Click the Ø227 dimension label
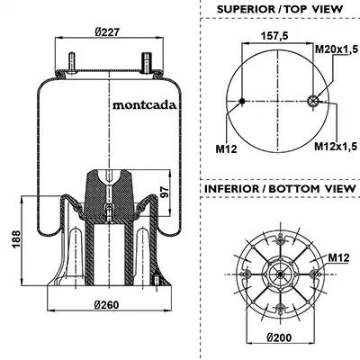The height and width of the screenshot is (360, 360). (x=107, y=32)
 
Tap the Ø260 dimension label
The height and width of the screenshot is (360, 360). (x=106, y=305)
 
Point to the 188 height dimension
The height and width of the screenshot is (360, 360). (x=16, y=238)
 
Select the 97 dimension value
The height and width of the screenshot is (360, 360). (x=165, y=192)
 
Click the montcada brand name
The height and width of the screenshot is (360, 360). (x=144, y=105)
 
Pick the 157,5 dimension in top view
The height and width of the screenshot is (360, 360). (x=274, y=35)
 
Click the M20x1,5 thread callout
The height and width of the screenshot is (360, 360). (x=337, y=49)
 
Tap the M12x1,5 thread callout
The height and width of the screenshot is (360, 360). (x=336, y=146)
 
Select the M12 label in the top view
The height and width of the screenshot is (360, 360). (x=226, y=148)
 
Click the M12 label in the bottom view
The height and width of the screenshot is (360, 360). (x=338, y=257)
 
